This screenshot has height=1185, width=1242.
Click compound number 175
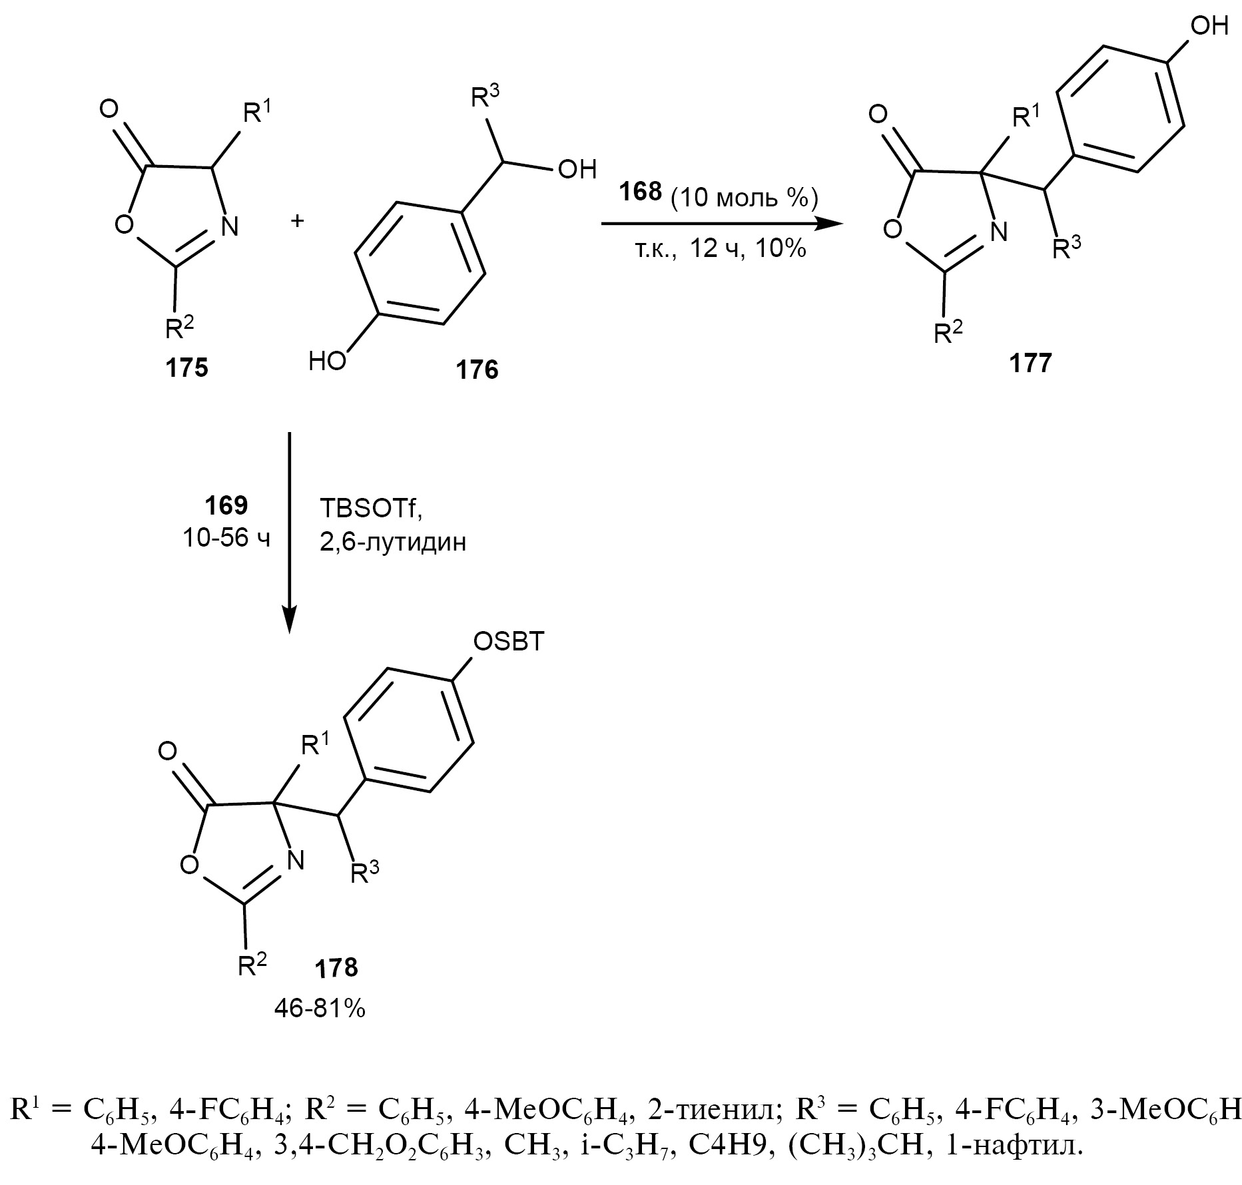tap(187, 367)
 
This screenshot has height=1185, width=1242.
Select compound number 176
tap(477, 369)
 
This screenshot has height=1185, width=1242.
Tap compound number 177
tap(1030, 363)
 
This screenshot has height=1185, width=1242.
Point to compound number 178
tap(337, 967)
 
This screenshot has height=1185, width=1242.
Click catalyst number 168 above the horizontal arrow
tap(641, 192)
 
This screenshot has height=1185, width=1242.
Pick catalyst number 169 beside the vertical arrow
tap(226, 506)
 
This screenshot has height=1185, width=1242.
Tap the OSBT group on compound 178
tap(508, 642)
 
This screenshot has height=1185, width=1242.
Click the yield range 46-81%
tap(320, 1009)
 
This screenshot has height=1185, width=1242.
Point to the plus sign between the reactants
tap(297, 220)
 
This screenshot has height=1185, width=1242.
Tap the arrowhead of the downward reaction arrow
tap(289, 620)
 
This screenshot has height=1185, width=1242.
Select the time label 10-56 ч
tap(226, 538)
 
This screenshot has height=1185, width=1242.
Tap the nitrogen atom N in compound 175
tap(228, 227)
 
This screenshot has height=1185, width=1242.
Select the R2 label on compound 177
tap(949, 331)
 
